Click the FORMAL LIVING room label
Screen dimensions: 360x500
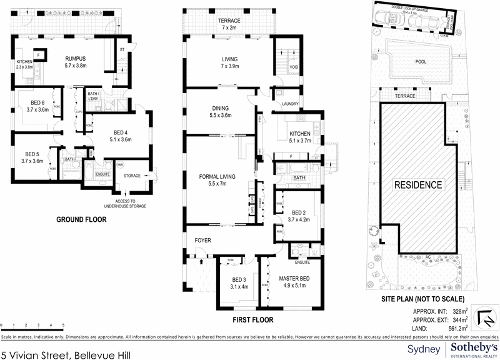[x=217, y=177]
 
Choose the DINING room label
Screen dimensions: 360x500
[x=221, y=109]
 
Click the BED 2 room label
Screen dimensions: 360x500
[x=298, y=212]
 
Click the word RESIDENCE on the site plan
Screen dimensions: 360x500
[x=418, y=185]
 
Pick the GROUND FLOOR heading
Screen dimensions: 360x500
[x=81, y=219]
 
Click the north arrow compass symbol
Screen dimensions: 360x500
[x=484, y=318]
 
